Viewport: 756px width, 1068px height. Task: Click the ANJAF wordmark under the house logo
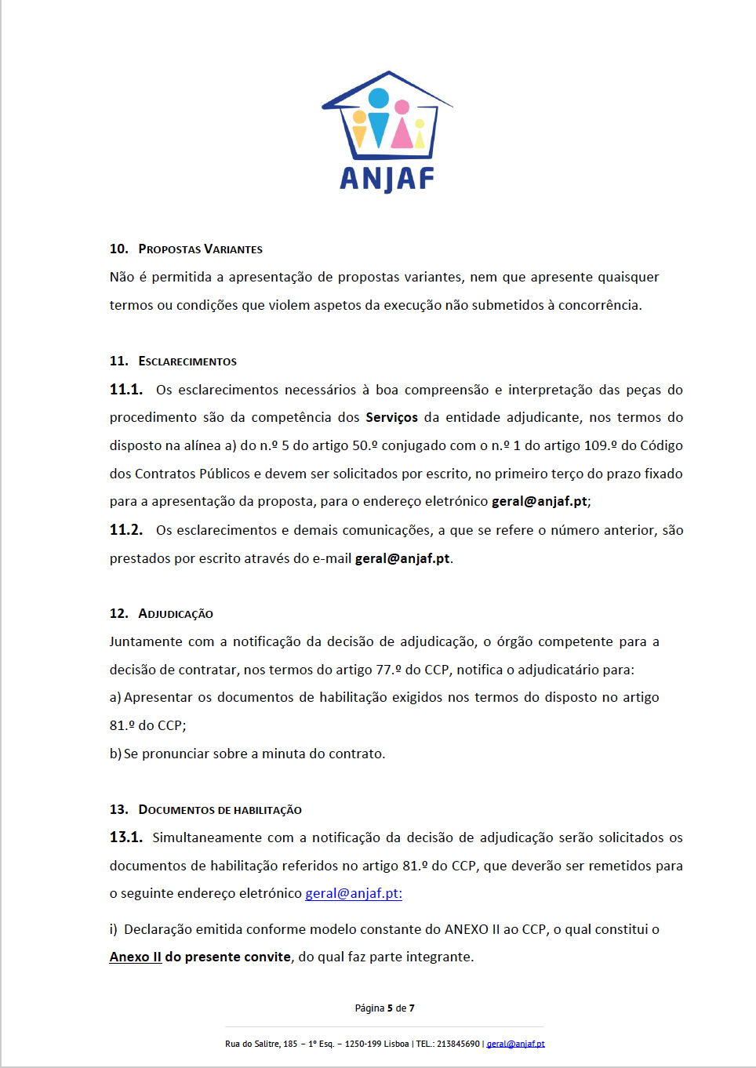[x=387, y=180]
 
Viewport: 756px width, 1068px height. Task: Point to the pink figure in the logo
[x=402, y=125]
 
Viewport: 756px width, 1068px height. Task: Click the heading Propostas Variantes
[x=200, y=249]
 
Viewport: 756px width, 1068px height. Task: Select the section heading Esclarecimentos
[x=187, y=361]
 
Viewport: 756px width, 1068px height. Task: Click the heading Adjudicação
[x=176, y=614]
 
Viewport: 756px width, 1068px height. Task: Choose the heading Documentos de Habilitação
[x=220, y=810]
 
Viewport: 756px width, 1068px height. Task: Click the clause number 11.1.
[x=125, y=390]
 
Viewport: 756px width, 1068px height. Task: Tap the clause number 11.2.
[x=125, y=530]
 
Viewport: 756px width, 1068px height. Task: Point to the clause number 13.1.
[x=125, y=837]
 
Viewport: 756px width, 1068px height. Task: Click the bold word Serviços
[x=391, y=418]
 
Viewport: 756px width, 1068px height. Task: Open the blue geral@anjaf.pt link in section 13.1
[x=353, y=894]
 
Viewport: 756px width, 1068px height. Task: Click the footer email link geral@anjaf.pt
[x=515, y=1044]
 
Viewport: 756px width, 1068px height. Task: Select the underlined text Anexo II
[x=136, y=957]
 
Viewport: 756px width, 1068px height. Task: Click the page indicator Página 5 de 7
[x=384, y=1008]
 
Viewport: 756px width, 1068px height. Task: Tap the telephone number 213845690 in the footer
[x=458, y=1044]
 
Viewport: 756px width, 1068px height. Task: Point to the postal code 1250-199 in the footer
[x=365, y=1044]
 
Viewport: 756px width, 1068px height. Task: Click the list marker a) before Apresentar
[x=115, y=698]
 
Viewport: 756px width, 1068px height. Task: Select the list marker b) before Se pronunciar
[x=115, y=754]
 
